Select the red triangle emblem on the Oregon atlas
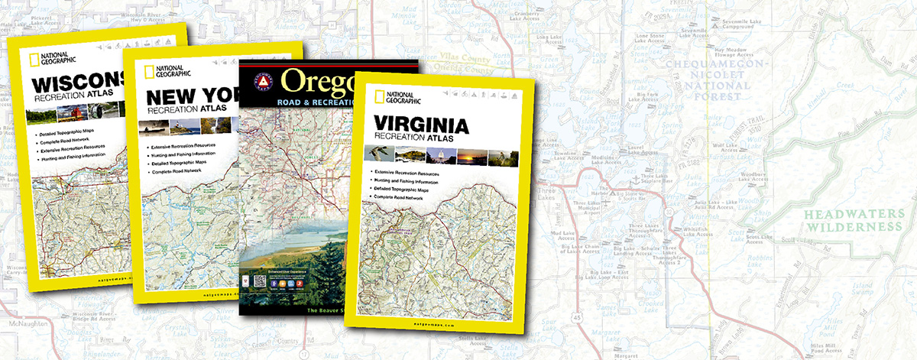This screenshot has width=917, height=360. (262, 81)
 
